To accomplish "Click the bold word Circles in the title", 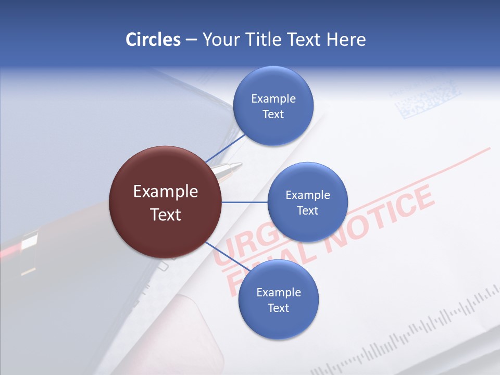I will pos(153,40).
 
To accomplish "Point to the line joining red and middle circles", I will pos(244,202).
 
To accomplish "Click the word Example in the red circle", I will pos(165,192).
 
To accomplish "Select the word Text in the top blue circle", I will pos(273,115).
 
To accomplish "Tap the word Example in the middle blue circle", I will pos(307,195).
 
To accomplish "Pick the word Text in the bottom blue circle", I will pos(278,308).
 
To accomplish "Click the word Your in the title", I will pos(220,40).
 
